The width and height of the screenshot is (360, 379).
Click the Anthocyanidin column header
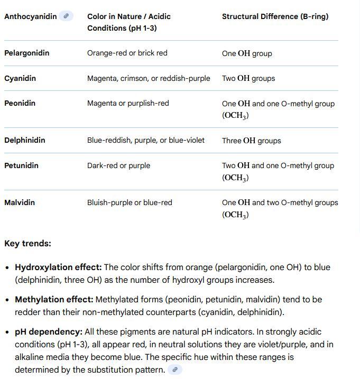(30, 16)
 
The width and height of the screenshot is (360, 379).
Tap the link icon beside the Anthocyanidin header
(66, 16)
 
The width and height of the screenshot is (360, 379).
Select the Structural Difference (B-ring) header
(275, 16)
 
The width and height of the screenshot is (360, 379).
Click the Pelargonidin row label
(26, 53)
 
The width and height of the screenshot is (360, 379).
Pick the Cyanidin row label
(20, 78)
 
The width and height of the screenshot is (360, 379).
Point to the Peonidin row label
(20, 103)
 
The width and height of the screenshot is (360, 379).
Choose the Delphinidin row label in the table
(24, 140)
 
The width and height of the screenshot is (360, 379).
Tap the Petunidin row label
(21, 165)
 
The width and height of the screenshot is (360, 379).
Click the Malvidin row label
(20, 202)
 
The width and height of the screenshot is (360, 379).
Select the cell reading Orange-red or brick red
(127, 53)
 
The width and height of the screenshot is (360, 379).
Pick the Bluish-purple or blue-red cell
(130, 202)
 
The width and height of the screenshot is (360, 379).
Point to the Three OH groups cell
(251, 141)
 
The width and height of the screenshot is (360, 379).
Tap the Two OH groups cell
(248, 78)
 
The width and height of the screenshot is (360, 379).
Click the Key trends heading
(27, 244)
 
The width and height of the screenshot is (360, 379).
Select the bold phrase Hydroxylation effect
(58, 267)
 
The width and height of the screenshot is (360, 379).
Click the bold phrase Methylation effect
(54, 299)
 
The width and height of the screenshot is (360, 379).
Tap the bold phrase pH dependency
(49, 331)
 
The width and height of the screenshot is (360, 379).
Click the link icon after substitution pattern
(175, 369)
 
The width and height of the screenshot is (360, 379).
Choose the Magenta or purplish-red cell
(128, 103)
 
